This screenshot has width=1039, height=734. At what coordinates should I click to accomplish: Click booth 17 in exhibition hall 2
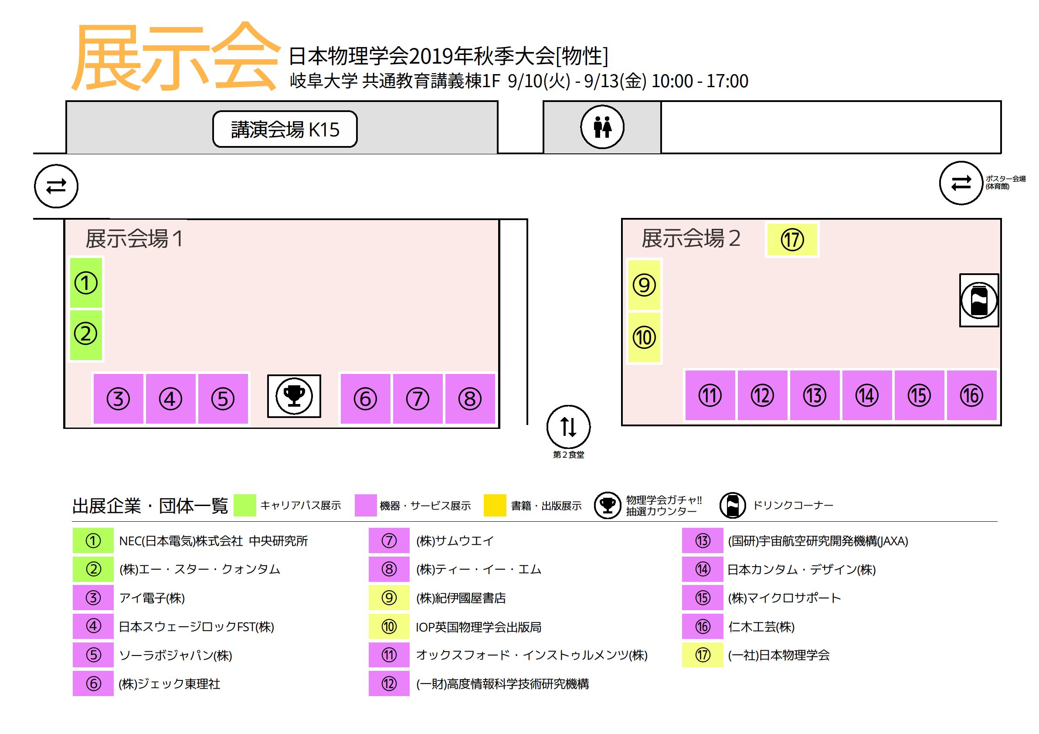point(792,239)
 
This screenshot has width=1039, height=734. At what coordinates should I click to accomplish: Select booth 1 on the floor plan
point(86,283)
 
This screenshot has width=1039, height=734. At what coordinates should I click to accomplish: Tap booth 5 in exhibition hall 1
point(223,399)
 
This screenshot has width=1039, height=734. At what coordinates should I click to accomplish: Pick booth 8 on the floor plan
point(470,399)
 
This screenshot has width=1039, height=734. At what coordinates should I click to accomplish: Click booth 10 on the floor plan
point(644,337)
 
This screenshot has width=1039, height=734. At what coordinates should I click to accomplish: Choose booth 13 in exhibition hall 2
point(815,395)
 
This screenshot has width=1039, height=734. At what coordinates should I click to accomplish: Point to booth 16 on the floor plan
point(971,395)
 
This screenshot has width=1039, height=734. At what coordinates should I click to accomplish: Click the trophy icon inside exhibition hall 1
point(294,396)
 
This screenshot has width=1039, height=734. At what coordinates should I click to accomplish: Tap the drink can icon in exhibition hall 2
point(979,300)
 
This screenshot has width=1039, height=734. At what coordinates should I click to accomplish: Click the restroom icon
point(602,127)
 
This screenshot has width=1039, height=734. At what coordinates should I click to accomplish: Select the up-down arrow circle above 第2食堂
point(568,427)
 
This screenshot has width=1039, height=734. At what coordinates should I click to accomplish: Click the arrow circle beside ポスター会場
point(961,183)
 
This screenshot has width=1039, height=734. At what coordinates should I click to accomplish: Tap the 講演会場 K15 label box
point(285,129)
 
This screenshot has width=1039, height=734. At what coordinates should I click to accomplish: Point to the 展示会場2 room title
point(691,238)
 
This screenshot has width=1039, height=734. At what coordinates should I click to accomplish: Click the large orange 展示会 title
point(175,57)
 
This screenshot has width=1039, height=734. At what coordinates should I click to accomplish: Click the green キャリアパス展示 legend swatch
point(245,506)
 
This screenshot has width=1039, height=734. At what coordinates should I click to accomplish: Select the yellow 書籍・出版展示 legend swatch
point(495,506)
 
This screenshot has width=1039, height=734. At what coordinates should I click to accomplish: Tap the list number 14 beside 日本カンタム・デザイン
point(703,569)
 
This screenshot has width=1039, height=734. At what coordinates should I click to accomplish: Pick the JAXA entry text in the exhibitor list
point(818,541)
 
